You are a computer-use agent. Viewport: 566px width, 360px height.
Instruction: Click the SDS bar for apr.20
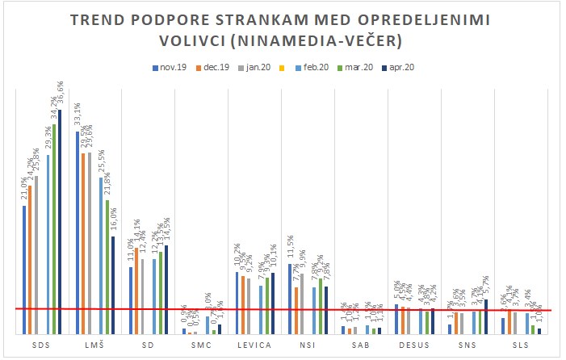[59, 222]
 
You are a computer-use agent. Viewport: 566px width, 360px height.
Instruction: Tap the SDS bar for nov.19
[24, 270]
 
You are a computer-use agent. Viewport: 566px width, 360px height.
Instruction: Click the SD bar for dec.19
[136, 291]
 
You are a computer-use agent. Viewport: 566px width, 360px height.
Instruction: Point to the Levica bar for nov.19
[237, 303]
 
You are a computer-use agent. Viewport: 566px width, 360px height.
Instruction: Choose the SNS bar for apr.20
[486, 316]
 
